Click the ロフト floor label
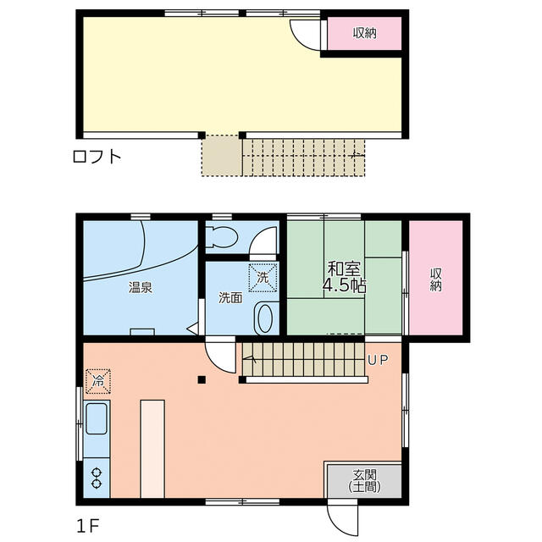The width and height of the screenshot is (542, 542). [97, 157]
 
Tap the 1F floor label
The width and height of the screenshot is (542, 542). [88, 527]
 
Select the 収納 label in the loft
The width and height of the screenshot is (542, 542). [364, 33]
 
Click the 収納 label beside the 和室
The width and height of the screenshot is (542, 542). [436, 279]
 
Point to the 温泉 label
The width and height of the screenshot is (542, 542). [141, 288]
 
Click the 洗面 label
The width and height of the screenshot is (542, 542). [230, 298]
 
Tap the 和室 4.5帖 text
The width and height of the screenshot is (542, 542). [344, 277]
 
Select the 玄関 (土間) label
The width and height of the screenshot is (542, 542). [365, 481]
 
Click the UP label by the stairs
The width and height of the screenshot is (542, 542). [378, 360]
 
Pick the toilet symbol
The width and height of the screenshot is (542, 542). [221, 237]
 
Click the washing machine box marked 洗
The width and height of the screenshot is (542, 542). [263, 278]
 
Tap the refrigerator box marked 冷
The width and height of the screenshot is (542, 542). [98, 381]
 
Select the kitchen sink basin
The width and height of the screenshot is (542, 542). [96, 419]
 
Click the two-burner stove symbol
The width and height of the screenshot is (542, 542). [97, 478]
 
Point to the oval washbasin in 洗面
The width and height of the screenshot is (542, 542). [264, 318]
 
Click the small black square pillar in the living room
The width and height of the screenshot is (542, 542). [202, 380]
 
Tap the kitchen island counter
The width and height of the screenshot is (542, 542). [152, 449]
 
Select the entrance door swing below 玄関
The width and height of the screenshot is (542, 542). [342, 519]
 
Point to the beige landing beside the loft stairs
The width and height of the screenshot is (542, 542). [222, 156]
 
